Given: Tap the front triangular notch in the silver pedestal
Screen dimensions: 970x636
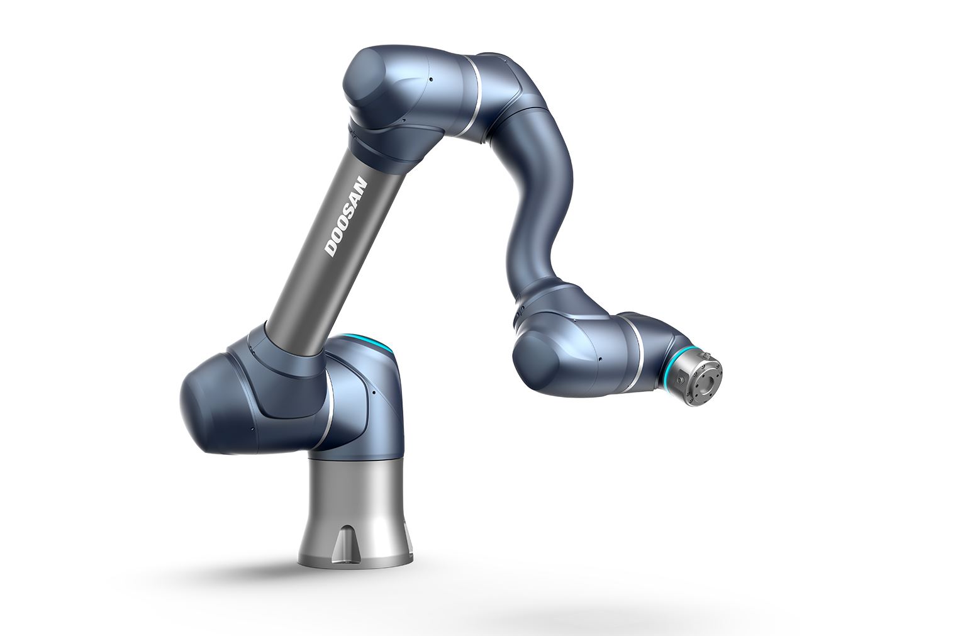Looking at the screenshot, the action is coord(345,538).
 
